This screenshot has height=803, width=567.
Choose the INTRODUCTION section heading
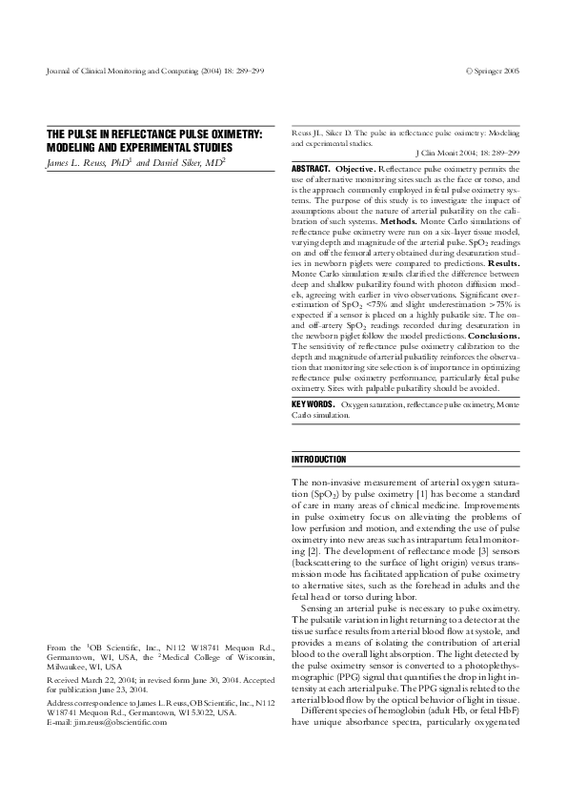pos(319,460)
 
